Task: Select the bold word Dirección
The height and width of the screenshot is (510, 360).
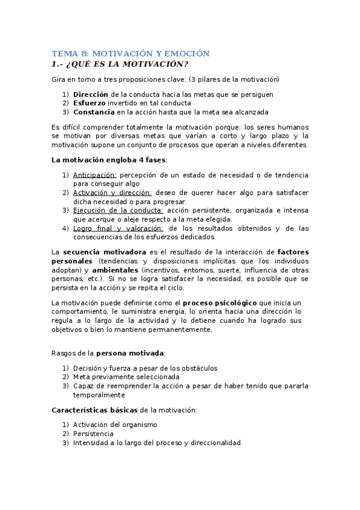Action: click(91, 94)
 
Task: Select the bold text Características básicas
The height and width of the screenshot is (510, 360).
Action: click(94, 410)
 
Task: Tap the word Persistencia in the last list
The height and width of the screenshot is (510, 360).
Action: click(93, 434)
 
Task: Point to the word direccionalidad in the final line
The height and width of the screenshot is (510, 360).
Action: click(216, 443)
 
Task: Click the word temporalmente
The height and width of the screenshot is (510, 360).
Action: click(99, 395)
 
